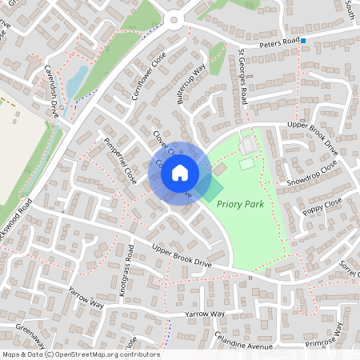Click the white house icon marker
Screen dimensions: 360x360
coord(180,173)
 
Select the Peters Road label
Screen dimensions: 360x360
coord(279,42)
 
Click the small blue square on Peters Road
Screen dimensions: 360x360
coord(303,38)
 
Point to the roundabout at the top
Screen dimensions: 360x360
coord(175,21)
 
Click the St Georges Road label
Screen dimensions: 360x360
coord(242,76)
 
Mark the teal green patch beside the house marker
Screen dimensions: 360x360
coord(212,190)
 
